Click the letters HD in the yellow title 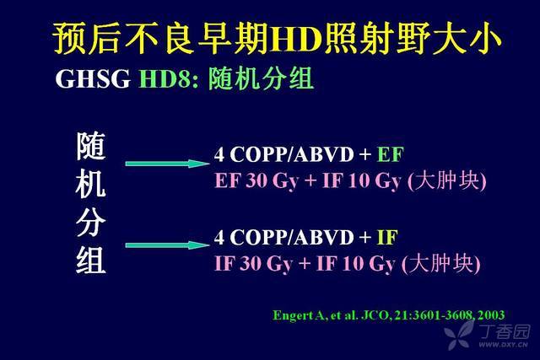click(x=296, y=39)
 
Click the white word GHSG click(x=93, y=78)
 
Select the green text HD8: click(x=169, y=78)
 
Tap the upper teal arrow click(x=167, y=164)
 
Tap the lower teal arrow click(x=167, y=245)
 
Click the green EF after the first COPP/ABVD click(x=390, y=154)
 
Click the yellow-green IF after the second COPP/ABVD click(x=387, y=237)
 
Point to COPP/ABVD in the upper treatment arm click(x=292, y=154)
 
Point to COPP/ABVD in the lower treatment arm click(x=292, y=237)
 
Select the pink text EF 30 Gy click(x=256, y=180)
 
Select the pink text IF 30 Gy click(x=253, y=264)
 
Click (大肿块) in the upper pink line click(x=447, y=180)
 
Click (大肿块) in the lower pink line click(x=441, y=263)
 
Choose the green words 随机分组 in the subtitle click(x=261, y=78)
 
